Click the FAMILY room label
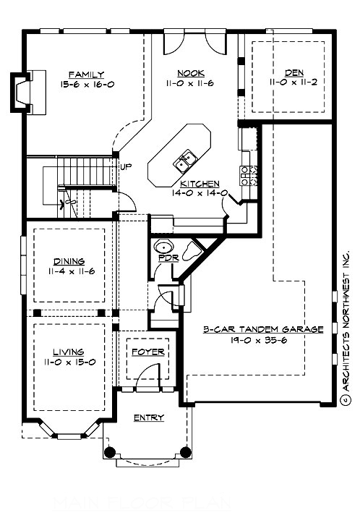(87, 74)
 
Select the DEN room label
(293, 73)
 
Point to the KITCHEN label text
(200, 184)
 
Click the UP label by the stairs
(126, 167)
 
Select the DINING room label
(69, 261)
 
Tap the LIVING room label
(67, 352)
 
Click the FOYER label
(147, 352)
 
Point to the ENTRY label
(149, 417)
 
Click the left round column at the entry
(110, 452)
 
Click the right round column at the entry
(186, 452)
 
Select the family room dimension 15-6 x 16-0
(87, 84)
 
